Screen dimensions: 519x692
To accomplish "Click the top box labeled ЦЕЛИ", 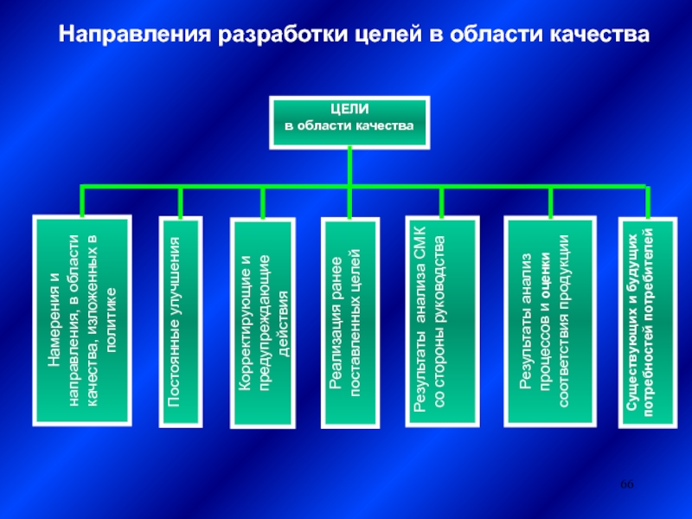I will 349,120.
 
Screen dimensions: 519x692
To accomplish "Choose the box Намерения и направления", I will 82,320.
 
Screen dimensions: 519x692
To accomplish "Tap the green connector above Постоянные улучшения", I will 181,202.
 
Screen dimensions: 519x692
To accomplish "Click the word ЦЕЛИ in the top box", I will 349,111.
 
